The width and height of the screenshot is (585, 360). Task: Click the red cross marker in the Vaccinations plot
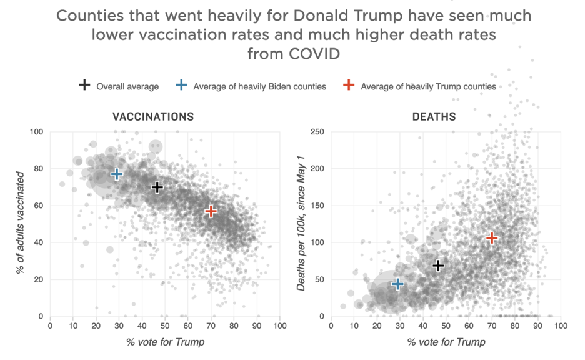(x=211, y=211)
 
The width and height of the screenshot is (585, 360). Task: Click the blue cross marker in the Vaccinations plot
(x=117, y=174)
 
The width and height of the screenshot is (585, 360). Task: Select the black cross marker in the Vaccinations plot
(x=157, y=187)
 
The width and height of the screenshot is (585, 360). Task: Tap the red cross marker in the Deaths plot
(x=492, y=238)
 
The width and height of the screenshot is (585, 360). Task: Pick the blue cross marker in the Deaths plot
(x=397, y=284)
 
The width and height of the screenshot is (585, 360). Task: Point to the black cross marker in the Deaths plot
(x=439, y=266)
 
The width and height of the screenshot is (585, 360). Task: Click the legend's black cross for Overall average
(x=84, y=86)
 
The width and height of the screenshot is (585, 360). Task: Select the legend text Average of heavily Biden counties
(x=259, y=86)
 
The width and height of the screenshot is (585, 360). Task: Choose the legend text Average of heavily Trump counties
(x=428, y=86)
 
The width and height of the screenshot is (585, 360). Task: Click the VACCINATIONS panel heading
(x=153, y=117)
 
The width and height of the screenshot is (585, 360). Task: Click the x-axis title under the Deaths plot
(x=446, y=342)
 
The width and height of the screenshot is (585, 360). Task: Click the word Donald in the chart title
(x=302, y=15)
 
